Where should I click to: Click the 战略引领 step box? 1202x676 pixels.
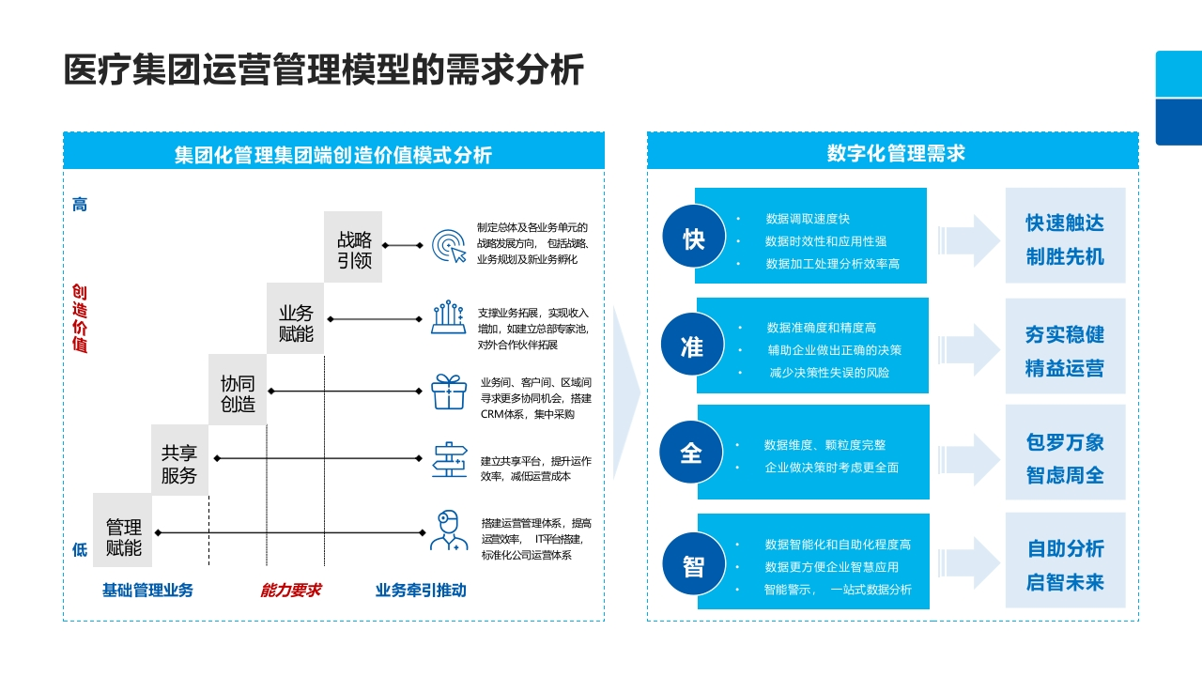pos(353,247)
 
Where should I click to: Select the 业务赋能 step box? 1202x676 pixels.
pos(295,318)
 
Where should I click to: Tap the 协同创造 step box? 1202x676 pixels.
pos(238,390)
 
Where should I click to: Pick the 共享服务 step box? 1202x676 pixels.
pos(179,460)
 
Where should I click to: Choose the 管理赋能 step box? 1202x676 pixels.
pos(122,530)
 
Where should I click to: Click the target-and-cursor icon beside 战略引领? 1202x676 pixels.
pos(449,246)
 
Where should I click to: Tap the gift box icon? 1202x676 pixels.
pos(449,392)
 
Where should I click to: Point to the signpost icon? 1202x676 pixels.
pos(450,460)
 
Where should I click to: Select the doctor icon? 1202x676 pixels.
pos(449,530)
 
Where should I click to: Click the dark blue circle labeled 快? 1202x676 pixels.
pos(694,236)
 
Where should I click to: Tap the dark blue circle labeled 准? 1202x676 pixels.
pos(693,344)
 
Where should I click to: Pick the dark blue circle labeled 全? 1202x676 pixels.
pos(691,453)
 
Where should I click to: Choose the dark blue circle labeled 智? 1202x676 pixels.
pos(694,563)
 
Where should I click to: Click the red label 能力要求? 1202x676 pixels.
pos(290,591)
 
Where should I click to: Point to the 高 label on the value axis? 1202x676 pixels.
pos(80,205)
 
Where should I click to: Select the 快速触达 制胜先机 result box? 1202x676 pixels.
pos(1065,236)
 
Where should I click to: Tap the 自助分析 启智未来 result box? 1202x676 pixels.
pos(1065,561)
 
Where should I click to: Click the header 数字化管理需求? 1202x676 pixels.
pos(896,153)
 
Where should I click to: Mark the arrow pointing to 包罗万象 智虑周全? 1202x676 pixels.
pos(968,460)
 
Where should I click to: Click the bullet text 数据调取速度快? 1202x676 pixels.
pos(808,219)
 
